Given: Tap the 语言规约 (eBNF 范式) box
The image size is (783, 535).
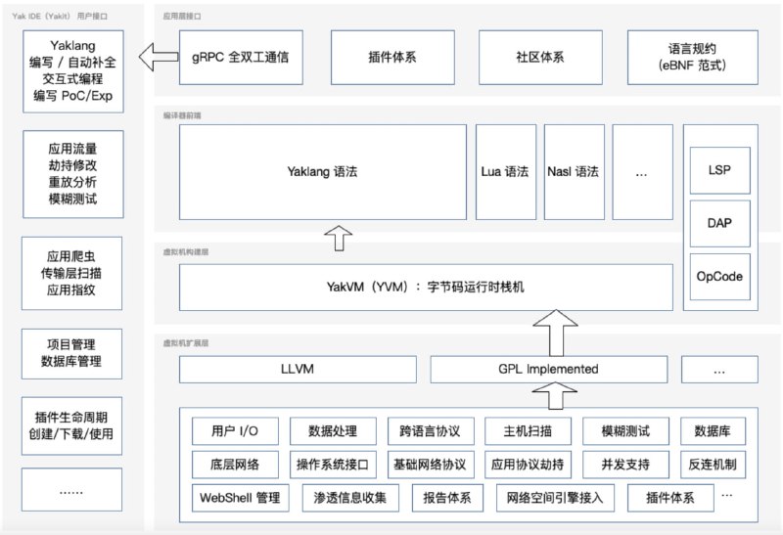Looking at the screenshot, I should pyautogui.click(x=692, y=58).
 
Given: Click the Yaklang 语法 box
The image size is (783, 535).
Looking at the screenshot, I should pyautogui.click(x=322, y=172).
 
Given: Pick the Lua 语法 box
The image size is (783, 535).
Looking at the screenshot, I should pyautogui.click(x=505, y=172).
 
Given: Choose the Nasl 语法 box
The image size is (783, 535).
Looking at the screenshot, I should pyautogui.click(x=574, y=172).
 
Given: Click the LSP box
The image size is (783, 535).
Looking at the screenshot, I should pyautogui.click(x=719, y=170).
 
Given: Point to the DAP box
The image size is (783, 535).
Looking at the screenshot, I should pyautogui.click(x=719, y=223).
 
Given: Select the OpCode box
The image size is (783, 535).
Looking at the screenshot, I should pyautogui.click(x=719, y=277).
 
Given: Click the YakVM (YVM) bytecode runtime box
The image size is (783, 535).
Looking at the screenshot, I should pyautogui.click(x=426, y=288).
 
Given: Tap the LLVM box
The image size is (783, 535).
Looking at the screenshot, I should pyautogui.click(x=298, y=370).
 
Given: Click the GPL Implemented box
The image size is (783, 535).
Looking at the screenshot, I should pyautogui.click(x=548, y=370).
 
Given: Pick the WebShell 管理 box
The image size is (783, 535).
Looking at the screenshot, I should pyautogui.click(x=241, y=498).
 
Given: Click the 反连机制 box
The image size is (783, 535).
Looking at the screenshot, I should pyautogui.click(x=718, y=465).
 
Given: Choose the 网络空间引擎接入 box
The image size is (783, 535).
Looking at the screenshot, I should pyautogui.click(x=555, y=498).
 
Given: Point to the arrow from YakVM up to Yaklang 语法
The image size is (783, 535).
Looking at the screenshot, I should pyautogui.click(x=337, y=237).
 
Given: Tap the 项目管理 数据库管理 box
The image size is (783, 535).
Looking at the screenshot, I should pyautogui.click(x=72, y=354).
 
